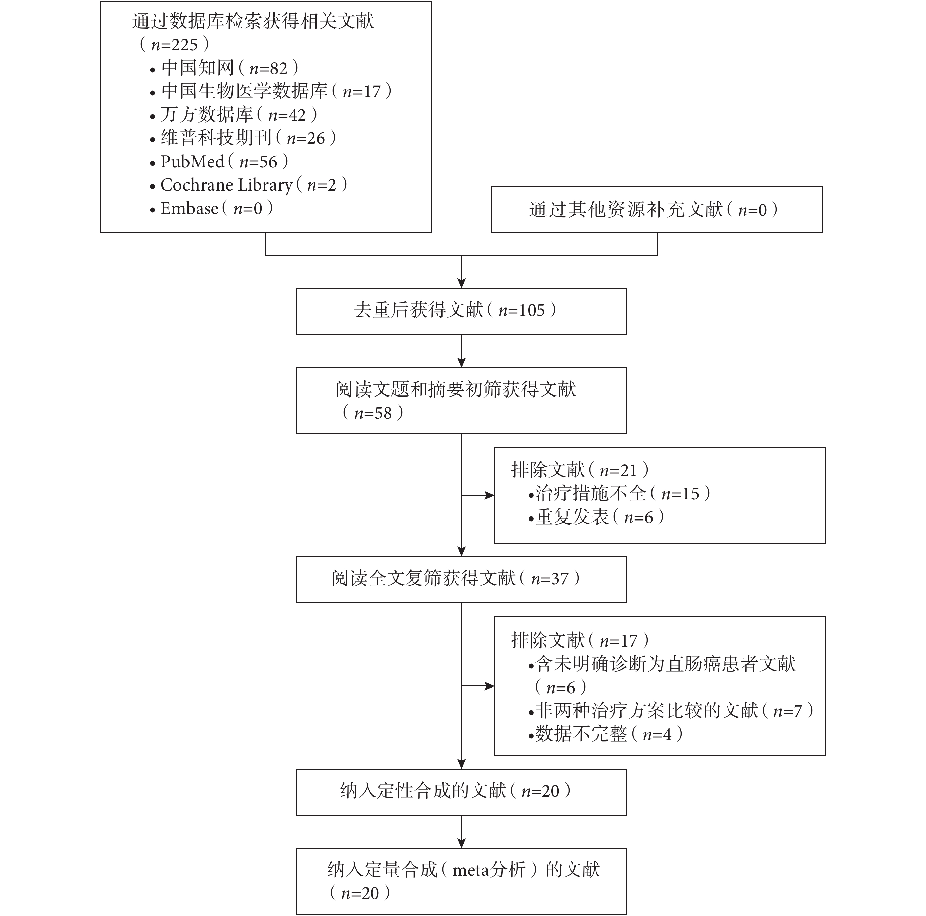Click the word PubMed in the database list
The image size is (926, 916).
(192, 162)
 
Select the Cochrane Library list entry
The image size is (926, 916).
(248, 185)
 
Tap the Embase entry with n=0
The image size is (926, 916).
(211, 209)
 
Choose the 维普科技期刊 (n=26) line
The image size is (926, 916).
(243, 138)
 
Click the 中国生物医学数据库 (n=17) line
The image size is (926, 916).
(270, 91)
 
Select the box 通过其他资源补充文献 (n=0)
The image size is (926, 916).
(657, 209)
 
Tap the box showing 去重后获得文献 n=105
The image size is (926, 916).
(461, 311)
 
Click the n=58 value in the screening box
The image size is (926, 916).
(373, 413)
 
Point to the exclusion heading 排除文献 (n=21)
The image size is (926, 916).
(580, 470)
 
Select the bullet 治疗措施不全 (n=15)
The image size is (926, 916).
(619, 494)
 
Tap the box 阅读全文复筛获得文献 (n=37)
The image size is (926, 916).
(461, 580)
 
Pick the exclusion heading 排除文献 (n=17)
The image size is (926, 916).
(580, 640)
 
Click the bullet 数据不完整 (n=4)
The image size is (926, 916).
(605, 734)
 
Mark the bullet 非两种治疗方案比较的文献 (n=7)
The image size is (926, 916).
(671, 710)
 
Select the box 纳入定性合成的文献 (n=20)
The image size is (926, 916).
(461, 792)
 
